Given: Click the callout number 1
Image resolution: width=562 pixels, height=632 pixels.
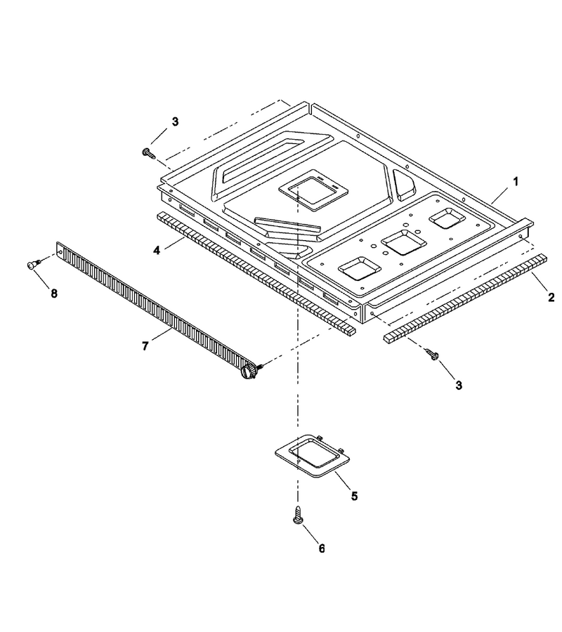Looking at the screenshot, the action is click(515, 182).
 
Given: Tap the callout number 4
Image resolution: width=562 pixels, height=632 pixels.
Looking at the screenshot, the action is click(157, 250).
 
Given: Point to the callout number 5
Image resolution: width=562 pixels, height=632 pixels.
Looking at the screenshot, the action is click(354, 496).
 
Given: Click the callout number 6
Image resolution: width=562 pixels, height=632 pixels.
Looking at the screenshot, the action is click(322, 548).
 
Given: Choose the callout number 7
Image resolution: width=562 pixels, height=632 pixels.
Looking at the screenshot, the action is click(145, 345).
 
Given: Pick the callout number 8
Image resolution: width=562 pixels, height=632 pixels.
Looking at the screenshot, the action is click(54, 294).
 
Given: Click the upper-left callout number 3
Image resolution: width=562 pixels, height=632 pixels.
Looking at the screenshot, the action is click(175, 121).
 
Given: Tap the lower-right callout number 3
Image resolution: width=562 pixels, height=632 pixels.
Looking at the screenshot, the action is click(459, 386).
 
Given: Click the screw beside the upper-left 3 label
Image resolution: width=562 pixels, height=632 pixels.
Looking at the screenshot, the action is click(148, 153).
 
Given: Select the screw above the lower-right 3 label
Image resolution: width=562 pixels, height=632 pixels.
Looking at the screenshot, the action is click(433, 355).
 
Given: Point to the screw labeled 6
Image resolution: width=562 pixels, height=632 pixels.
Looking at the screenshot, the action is click(298, 515).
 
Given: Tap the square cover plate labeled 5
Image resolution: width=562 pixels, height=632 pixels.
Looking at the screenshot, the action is click(312, 456).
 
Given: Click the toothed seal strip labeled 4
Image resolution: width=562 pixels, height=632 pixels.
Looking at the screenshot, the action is click(256, 273).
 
